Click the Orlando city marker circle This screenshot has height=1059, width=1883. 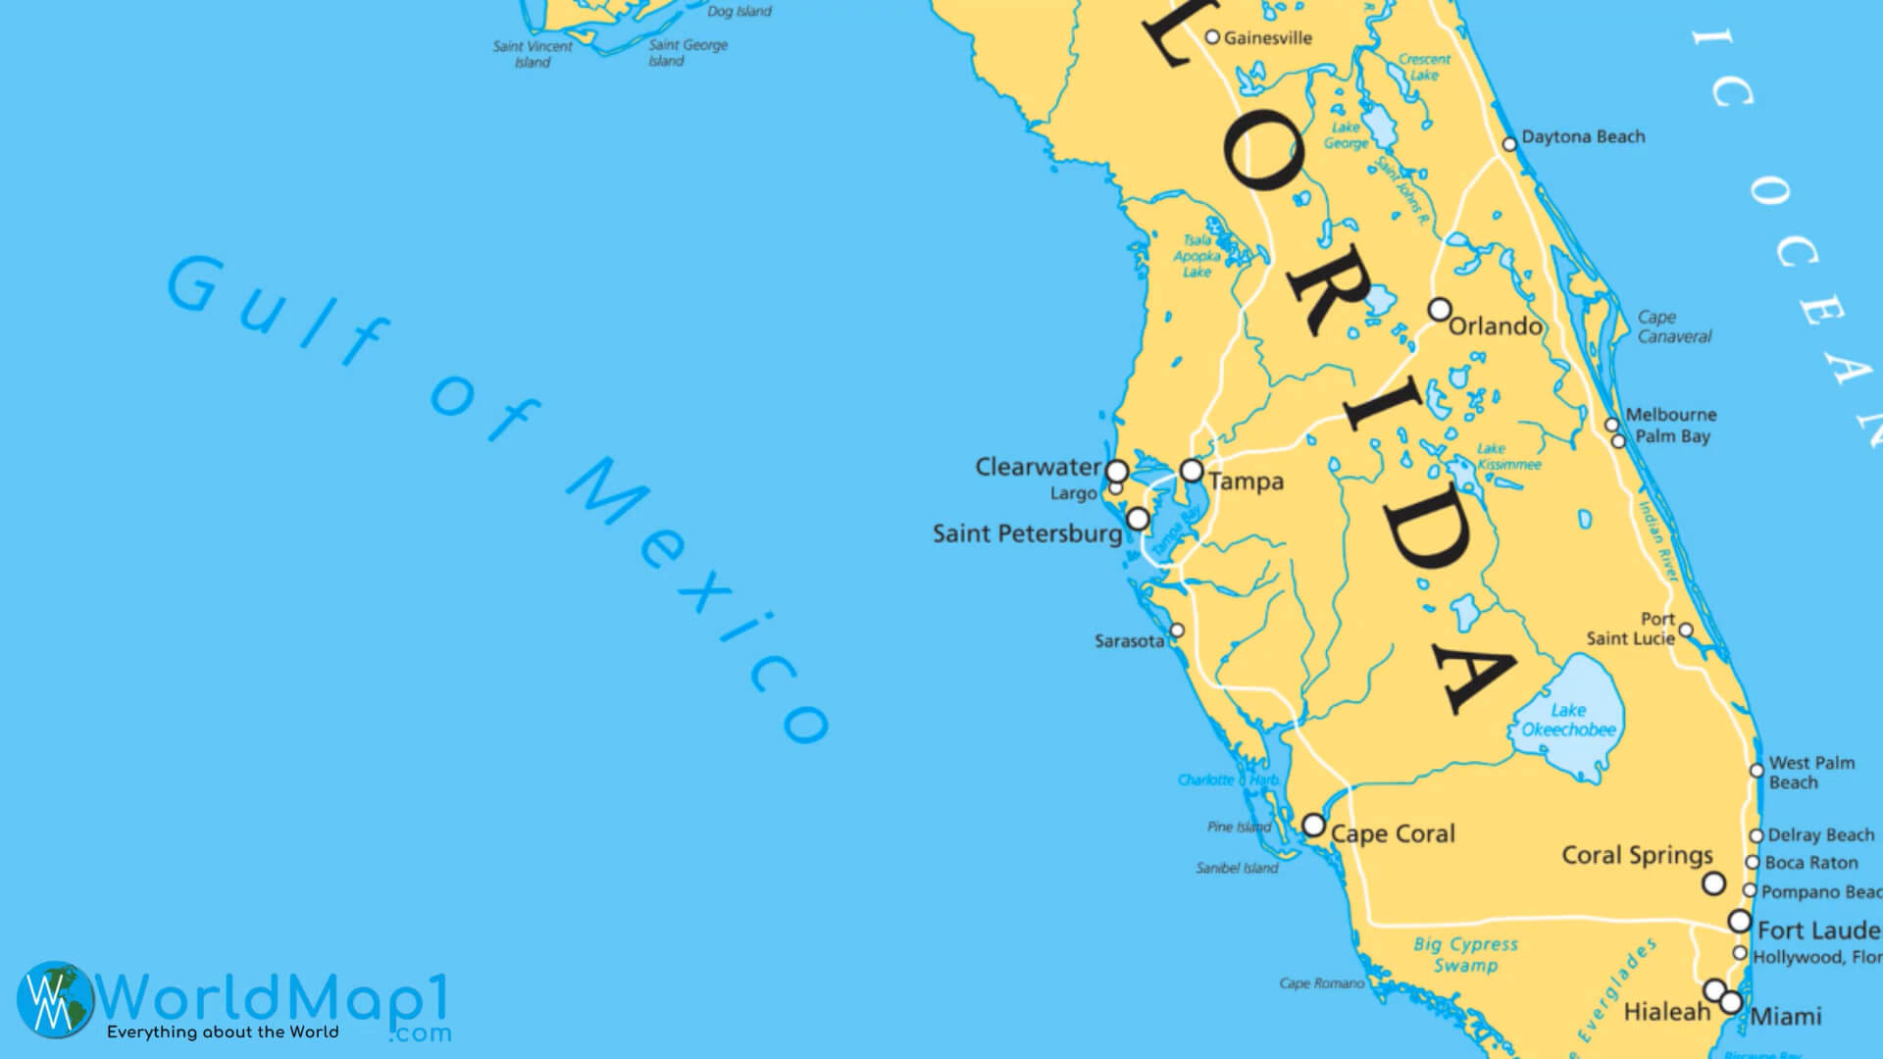[x=1439, y=310]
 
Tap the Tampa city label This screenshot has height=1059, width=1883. [x=1246, y=481]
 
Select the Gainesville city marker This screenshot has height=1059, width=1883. [x=1212, y=37]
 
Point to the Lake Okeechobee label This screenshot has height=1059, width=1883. [x=1568, y=720]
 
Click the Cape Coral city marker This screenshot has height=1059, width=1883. [x=1313, y=825]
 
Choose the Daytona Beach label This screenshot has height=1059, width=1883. [x=1583, y=137]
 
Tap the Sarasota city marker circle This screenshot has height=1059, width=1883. [x=1177, y=630]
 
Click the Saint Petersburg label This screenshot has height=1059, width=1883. [x=1027, y=534]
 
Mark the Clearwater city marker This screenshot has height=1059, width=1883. [x=1116, y=471]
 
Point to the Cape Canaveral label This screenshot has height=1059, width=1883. [x=1674, y=327]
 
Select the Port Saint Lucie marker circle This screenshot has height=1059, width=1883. [x=1685, y=630]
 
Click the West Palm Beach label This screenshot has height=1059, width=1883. [x=1810, y=773]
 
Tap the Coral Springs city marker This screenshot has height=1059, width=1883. [x=1713, y=883]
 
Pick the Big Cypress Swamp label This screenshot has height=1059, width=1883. [x=1465, y=955]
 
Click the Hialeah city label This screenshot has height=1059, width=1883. [x=1666, y=1011]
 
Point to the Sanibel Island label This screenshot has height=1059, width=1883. [x=1237, y=868]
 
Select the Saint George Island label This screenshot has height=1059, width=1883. [x=687, y=53]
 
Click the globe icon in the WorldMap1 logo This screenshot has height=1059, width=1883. [x=55, y=998]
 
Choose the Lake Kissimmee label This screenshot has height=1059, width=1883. [x=1508, y=457]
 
